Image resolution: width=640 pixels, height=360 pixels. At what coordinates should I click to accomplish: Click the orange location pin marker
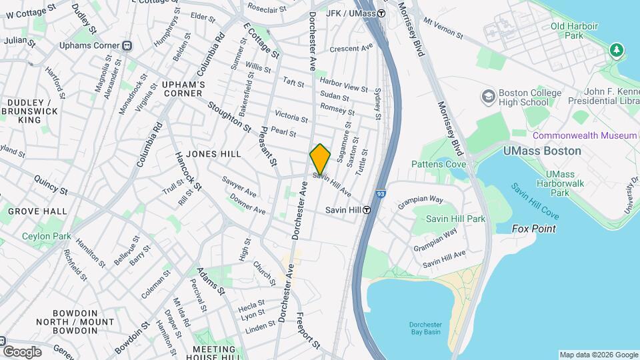(320, 159)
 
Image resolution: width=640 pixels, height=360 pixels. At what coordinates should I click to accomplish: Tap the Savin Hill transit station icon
(367, 210)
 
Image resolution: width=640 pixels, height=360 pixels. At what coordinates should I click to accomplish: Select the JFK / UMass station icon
(381, 13)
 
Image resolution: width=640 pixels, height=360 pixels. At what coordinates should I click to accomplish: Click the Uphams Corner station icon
(127, 46)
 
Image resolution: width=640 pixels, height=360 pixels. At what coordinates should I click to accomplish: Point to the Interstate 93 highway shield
(380, 194)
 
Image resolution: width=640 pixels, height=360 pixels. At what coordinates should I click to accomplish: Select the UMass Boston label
(542, 151)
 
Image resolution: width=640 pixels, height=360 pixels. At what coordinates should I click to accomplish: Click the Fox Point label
(533, 229)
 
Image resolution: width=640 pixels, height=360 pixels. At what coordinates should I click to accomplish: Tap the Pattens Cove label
(438, 164)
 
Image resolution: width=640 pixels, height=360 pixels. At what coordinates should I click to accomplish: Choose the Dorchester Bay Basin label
(425, 329)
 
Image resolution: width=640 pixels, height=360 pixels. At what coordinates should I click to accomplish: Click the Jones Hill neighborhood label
(213, 154)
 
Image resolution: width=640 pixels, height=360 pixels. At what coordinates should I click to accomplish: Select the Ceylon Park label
(46, 236)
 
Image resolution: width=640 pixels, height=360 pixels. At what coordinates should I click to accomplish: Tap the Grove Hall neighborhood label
(37, 211)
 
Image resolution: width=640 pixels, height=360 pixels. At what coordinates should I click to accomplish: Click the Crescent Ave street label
(351, 48)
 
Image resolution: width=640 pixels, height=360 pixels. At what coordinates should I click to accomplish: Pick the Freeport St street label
(309, 331)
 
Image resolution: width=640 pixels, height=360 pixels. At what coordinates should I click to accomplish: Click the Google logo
(22, 352)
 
